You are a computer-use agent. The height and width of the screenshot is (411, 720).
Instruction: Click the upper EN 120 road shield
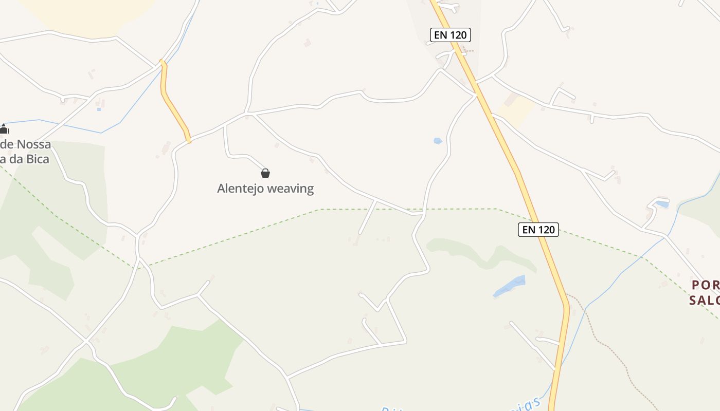(x=450, y=35)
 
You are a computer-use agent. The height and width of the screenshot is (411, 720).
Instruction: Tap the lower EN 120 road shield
(x=538, y=230)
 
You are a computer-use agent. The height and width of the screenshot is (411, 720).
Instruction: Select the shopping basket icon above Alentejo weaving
(x=265, y=173)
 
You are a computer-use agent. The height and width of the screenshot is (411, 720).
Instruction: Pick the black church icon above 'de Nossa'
(x=4, y=128)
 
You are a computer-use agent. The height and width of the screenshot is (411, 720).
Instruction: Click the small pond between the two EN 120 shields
(x=438, y=141)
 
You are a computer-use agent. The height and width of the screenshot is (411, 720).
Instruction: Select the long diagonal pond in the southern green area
(x=509, y=286)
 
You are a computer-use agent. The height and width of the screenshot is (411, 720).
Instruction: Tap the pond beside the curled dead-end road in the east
(x=662, y=204)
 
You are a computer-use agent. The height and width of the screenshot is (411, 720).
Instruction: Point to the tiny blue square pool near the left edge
(x=99, y=109)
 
